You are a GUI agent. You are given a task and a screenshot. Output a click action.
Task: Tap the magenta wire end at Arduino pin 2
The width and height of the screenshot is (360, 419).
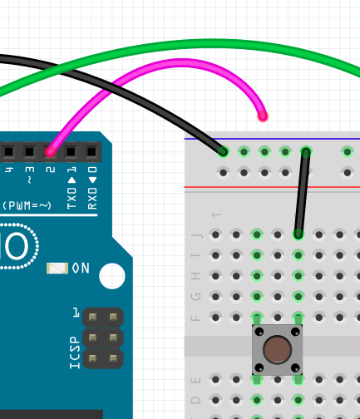[51, 151]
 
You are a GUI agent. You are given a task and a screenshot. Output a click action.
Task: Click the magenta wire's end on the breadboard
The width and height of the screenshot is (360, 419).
[263, 116]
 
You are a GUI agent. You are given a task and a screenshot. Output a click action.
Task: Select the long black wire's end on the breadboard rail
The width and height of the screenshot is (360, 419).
[223, 151]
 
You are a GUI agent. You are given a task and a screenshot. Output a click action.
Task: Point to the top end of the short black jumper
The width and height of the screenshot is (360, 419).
[306, 151]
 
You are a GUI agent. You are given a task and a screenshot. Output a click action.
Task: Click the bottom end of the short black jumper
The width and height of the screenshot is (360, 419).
[298, 234]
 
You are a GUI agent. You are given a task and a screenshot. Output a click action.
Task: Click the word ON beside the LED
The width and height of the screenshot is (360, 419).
[81, 268]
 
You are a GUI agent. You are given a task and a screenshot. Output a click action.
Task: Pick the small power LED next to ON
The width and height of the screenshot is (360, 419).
[57, 268]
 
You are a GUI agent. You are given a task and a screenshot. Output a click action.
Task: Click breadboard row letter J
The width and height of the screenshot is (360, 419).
[197, 235]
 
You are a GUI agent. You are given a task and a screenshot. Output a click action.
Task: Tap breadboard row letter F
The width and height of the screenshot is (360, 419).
[197, 318]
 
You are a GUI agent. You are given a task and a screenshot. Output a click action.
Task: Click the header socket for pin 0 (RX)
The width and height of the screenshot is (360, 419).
[91, 151]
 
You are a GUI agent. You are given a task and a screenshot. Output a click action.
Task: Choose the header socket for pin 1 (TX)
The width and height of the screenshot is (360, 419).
[72, 151]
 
